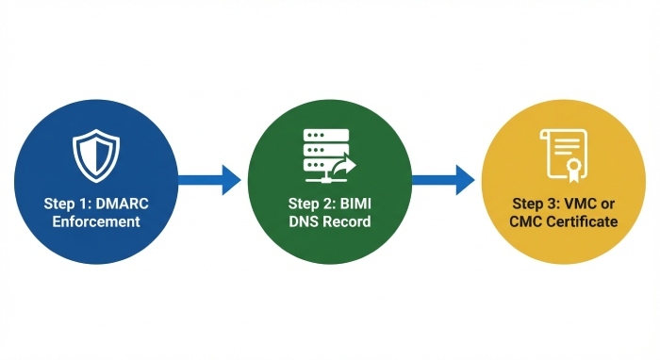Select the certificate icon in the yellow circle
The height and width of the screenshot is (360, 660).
point(565,155)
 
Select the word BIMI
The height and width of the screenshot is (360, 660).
point(354,204)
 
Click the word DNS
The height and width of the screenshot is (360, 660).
point(305,222)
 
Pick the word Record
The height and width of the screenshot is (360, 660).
point(346,222)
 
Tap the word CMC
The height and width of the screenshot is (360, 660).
point(529,222)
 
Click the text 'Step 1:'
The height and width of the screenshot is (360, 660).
point(68,204)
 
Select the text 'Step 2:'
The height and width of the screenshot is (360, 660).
point(312,204)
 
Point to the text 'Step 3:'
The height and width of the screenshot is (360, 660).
point(537,204)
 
